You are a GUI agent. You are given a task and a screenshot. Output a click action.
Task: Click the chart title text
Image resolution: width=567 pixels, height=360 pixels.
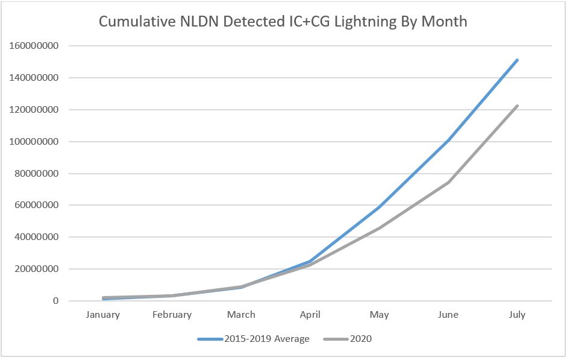coord(283,22)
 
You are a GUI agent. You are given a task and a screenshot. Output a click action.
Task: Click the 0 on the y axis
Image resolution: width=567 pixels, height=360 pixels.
coord(56,301)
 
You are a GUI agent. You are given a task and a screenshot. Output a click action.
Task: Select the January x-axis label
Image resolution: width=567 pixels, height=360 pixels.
coord(103,315)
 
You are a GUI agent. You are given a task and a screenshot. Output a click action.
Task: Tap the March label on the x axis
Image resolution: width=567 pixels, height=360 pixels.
coord(241,315)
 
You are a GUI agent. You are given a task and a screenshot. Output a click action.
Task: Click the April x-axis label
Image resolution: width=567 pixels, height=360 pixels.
coord(310,315)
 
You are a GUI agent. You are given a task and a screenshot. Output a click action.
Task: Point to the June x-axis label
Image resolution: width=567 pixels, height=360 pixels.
coord(448,315)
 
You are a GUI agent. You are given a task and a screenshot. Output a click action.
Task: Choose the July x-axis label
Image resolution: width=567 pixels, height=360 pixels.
coord(517,315)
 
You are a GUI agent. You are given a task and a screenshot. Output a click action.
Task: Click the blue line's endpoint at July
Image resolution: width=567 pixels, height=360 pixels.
coord(517,60)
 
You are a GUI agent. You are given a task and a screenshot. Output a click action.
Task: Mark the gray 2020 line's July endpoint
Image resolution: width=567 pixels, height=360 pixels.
coord(517,106)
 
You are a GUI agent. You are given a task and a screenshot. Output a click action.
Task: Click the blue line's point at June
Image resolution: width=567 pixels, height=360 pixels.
coord(448,141)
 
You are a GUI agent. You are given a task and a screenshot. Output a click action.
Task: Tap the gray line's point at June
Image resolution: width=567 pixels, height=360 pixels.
coord(448,182)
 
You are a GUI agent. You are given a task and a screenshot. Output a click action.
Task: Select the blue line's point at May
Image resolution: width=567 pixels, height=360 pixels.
coord(379,207)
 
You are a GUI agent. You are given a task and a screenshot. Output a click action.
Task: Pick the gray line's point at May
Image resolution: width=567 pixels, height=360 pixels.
coord(379,228)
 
